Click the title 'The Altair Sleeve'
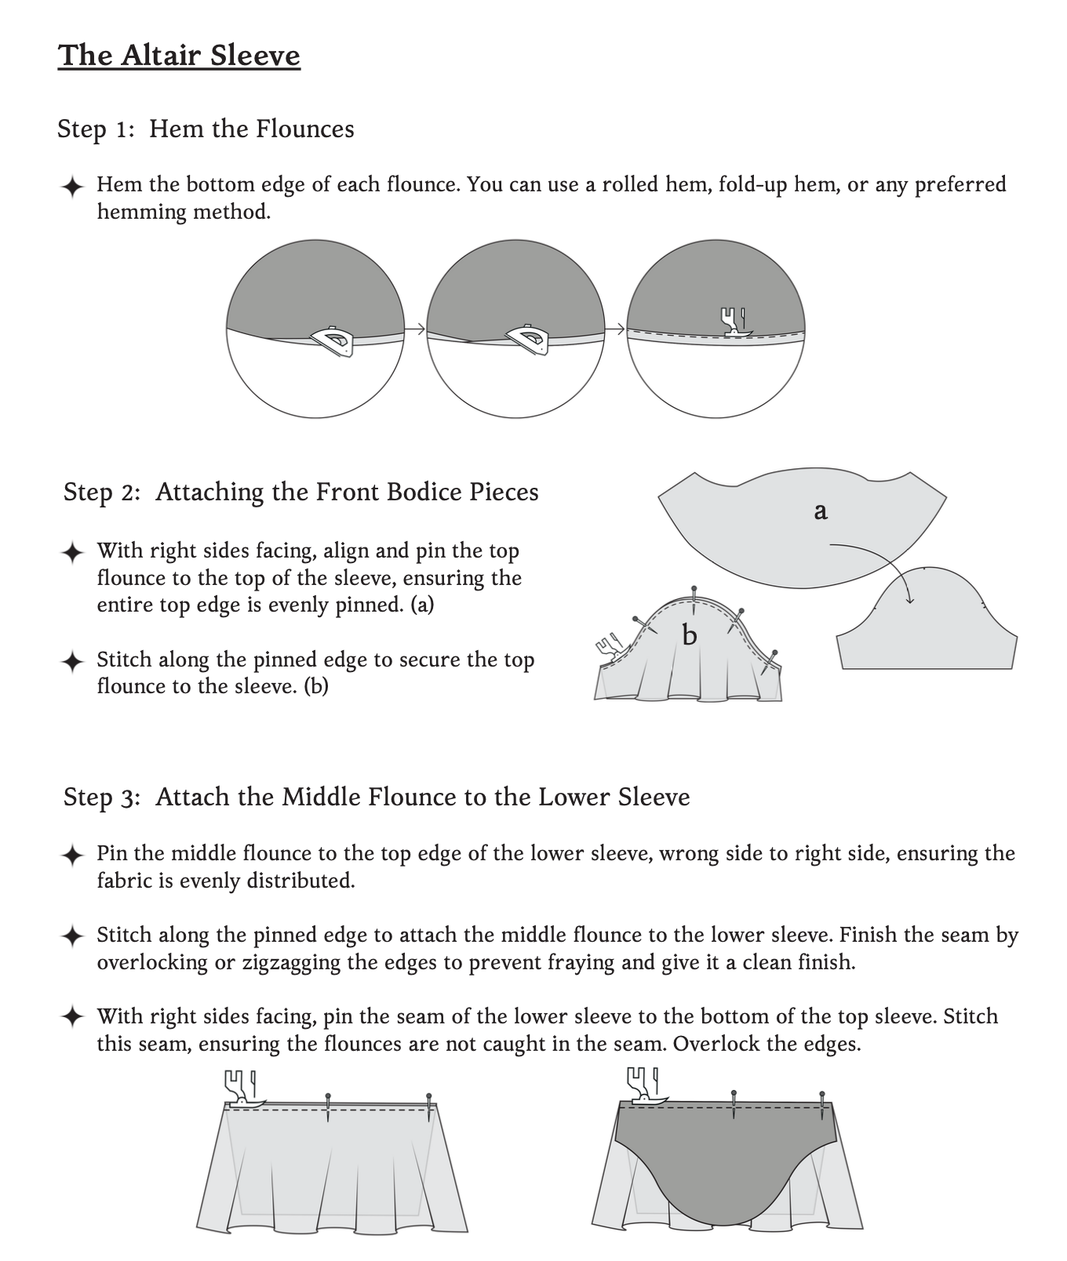(x=179, y=56)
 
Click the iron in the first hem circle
(x=334, y=340)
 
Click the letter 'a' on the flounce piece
(x=821, y=511)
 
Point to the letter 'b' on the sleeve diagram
(x=690, y=634)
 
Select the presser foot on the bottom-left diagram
(x=241, y=1088)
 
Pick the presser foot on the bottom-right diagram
(x=644, y=1085)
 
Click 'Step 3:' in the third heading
(x=102, y=797)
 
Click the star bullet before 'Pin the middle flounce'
(x=71, y=855)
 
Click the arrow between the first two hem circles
(x=415, y=329)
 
